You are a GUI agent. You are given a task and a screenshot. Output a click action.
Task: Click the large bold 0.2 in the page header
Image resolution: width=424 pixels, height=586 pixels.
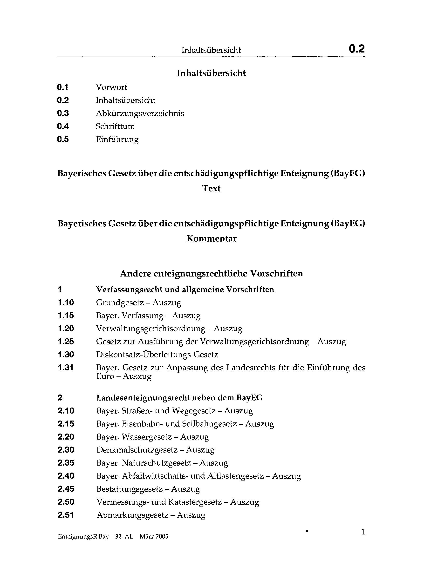click(356, 49)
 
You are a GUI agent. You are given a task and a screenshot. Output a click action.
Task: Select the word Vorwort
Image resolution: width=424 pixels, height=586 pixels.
click(111, 87)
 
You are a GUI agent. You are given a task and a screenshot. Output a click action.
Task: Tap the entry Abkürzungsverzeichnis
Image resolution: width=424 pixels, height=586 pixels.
click(140, 113)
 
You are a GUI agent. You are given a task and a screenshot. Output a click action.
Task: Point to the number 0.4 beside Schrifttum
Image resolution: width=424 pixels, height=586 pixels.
click(63, 126)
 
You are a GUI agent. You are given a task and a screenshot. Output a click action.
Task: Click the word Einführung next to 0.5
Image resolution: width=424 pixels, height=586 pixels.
click(117, 139)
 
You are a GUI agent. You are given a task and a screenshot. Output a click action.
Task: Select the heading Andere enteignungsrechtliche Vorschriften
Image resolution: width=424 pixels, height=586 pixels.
click(211, 273)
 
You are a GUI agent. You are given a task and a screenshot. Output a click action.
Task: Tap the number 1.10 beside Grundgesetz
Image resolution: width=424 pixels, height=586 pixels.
click(66, 302)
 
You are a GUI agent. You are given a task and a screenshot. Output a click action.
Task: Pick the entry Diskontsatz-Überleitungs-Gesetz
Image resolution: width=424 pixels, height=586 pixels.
click(157, 355)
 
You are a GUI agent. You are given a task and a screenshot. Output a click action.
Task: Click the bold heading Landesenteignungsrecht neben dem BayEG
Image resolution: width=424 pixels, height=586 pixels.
click(179, 398)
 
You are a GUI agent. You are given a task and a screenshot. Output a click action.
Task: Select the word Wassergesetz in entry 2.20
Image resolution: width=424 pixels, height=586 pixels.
click(147, 437)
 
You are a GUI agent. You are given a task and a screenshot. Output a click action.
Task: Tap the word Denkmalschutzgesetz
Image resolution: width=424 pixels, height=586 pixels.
click(137, 450)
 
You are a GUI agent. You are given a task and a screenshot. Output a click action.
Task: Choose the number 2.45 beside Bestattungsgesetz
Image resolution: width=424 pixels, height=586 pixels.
click(66, 489)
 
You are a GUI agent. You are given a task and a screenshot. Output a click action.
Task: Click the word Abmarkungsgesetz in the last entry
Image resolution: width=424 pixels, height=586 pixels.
click(132, 515)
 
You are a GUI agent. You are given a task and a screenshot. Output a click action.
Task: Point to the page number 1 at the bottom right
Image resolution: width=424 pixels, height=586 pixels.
click(363, 532)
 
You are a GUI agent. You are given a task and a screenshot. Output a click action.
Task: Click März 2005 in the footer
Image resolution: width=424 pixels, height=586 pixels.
click(154, 537)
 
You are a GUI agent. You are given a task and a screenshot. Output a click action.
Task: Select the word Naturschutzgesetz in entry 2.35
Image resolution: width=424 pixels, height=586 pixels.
click(156, 463)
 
